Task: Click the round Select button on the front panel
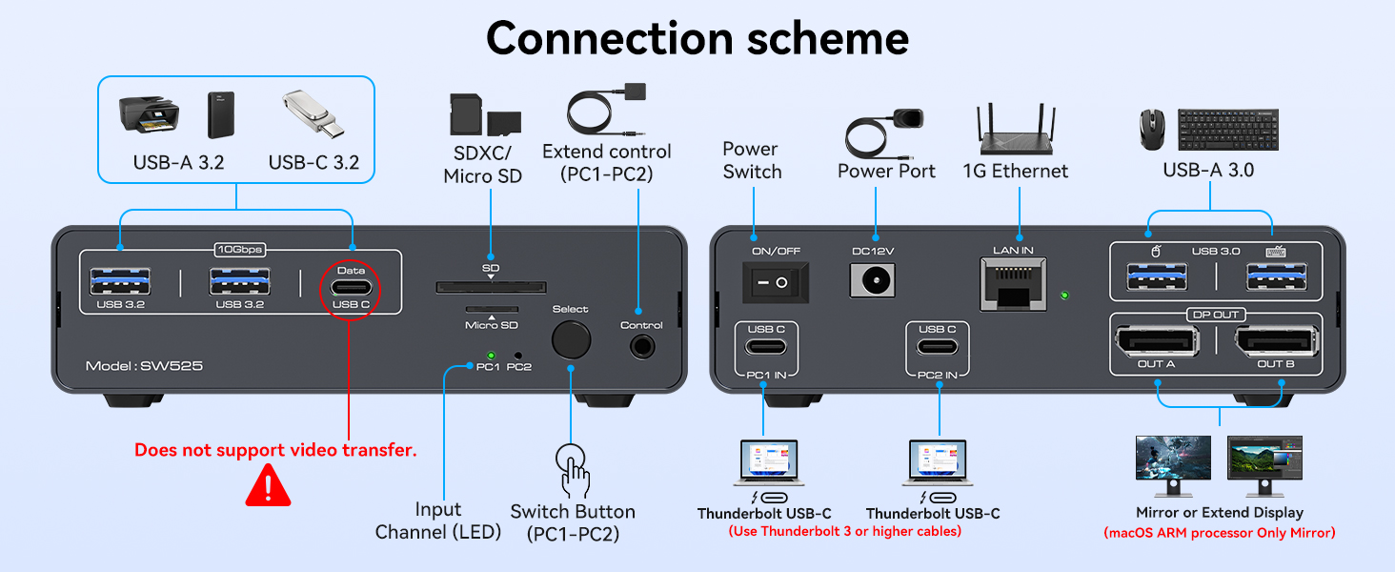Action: [570, 340]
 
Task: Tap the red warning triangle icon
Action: [268, 485]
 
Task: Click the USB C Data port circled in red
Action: [352, 287]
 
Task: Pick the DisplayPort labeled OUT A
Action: [1155, 341]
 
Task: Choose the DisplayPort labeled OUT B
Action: [1276, 341]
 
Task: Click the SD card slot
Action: [491, 287]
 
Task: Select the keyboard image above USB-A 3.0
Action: [1227, 129]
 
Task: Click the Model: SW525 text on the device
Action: [143, 366]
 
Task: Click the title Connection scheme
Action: [697, 38]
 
